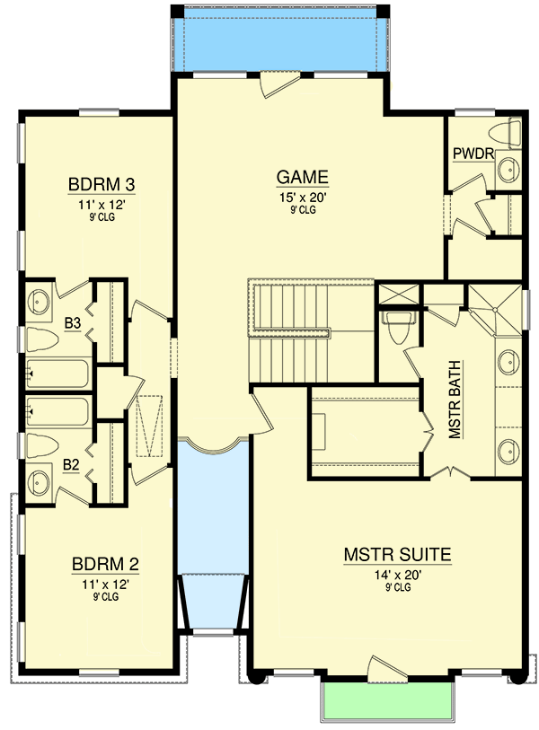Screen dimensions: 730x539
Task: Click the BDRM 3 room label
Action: pos(102,185)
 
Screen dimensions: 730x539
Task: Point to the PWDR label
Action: pos(474,154)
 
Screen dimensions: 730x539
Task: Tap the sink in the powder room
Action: pos(508,169)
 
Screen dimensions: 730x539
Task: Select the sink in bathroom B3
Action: pos(40,300)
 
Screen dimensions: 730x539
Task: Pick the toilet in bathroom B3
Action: pos(42,339)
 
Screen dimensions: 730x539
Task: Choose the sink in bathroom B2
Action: pos(40,482)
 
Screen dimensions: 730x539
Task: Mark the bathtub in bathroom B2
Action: pos(58,412)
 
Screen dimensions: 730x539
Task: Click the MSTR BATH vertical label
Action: pos(455,403)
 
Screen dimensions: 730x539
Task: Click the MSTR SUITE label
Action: pos(396,553)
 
